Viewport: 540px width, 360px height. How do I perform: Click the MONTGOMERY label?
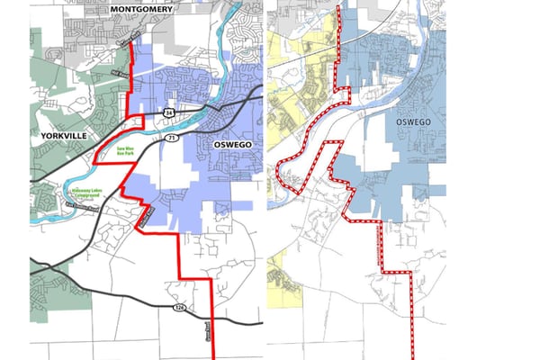click(145, 9)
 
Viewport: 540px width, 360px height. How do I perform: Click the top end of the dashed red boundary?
click(338, 7)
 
